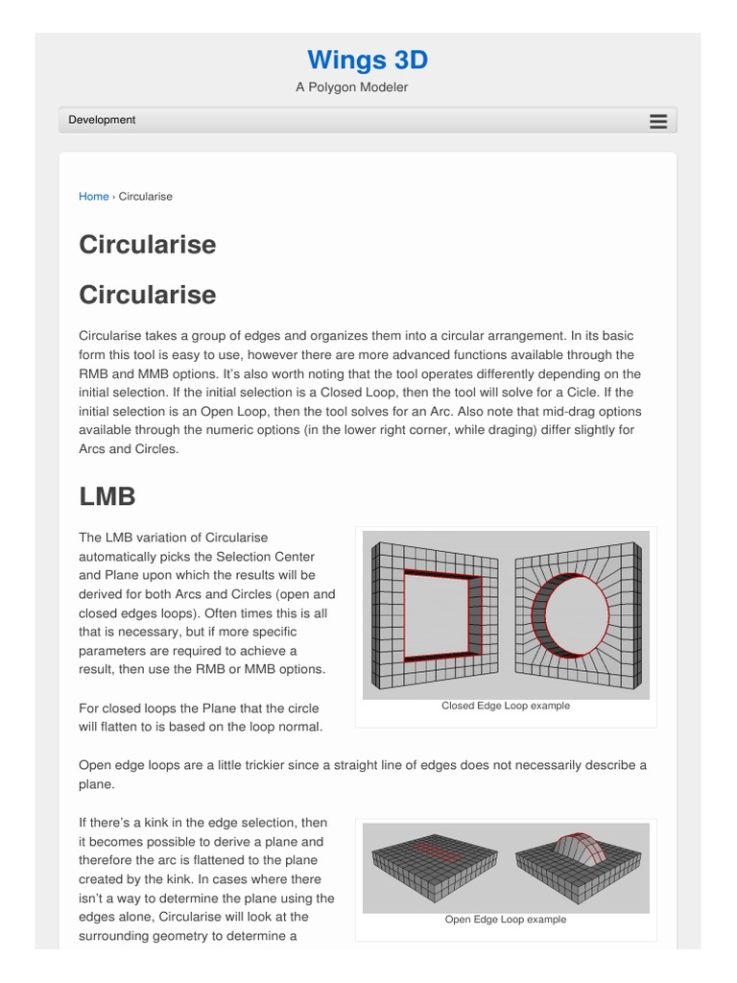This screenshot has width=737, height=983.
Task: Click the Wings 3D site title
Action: [x=368, y=60]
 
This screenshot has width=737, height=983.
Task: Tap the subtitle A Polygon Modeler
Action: [x=351, y=87]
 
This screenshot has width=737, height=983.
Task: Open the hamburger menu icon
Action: [x=657, y=121]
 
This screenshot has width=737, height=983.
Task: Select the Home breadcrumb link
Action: [x=93, y=197]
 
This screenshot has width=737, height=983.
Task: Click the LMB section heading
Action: [x=107, y=496]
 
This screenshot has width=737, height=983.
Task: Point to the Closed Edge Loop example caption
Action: [x=505, y=706]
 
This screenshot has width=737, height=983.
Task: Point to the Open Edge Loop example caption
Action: [x=505, y=920]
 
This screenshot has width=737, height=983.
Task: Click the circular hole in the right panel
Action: [x=576, y=614]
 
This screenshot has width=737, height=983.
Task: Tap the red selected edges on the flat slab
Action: [x=431, y=849]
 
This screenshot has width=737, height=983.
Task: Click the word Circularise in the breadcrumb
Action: [x=145, y=197]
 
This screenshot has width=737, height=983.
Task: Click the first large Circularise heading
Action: [x=147, y=245]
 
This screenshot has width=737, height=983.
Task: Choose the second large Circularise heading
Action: [x=147, y=295]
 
